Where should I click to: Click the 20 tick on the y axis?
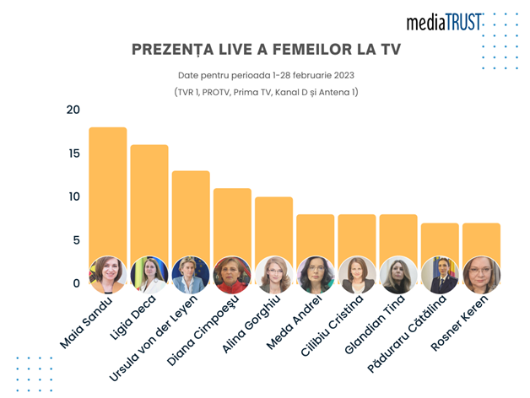(73, 110)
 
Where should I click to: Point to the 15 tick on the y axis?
(73, 153)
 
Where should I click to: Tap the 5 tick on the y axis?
(75, 240)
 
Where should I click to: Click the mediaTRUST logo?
(444, 22)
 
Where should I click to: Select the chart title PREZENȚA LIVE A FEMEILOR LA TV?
(266, 51)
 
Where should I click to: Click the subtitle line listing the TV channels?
(266, 92)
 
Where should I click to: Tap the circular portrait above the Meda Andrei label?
(316, 274)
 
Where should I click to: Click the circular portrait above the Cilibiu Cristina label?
(357, 274)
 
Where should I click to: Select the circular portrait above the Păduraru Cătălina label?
(440, 274)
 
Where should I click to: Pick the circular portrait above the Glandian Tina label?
(398, 274)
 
